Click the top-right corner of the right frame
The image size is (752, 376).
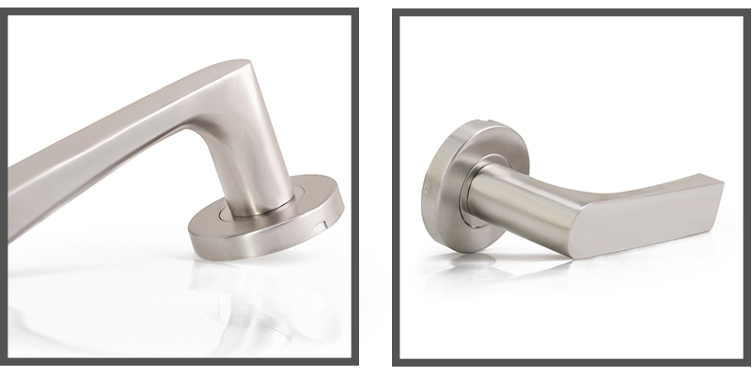(x=740, y=11)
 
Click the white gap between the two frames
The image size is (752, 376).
(x=377, y=188)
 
